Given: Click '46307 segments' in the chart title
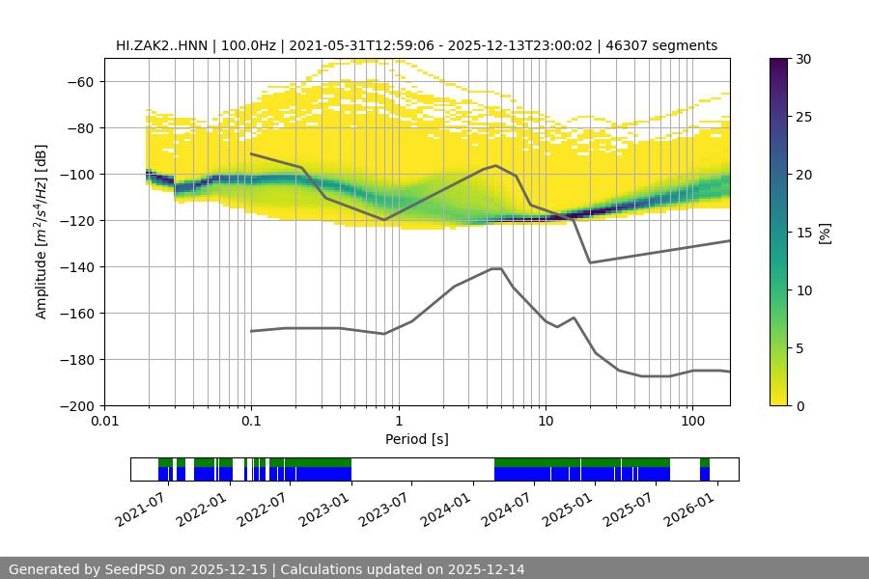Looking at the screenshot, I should coord(665,45).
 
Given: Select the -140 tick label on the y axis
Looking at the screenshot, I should coord(75,267).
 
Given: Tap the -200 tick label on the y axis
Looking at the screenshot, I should coord(75,406).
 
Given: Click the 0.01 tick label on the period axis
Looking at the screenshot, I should coord(104,422).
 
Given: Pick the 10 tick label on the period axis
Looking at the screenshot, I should coord(545,422).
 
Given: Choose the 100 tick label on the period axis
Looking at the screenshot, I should coord(691,422).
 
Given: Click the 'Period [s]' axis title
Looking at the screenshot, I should coord(417,439).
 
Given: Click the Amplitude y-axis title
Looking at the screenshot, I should coord(41,232).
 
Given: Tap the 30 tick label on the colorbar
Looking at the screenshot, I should coord(803,59).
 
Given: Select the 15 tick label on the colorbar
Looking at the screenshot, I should coord(803,233).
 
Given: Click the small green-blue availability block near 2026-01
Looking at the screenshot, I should coord(705,469).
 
